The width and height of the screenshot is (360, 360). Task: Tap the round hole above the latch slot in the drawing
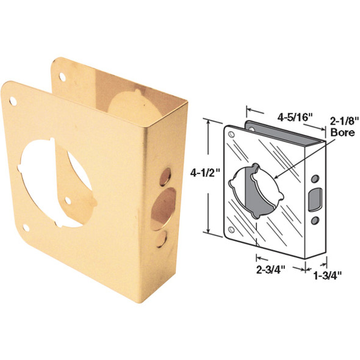[315, 179]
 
